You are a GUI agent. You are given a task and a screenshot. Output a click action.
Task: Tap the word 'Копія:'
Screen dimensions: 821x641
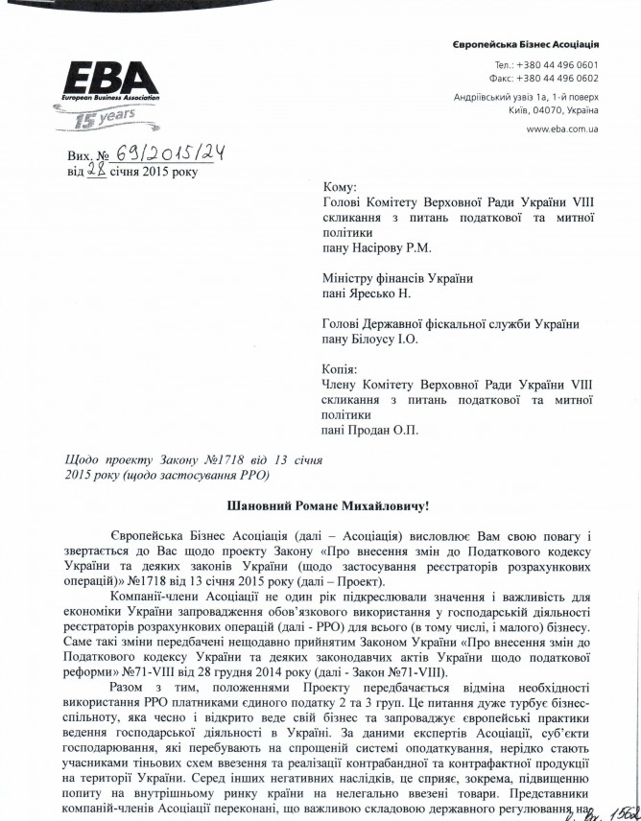(343, 368)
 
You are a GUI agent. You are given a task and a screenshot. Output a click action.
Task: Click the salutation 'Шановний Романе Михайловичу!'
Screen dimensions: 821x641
(319, 504)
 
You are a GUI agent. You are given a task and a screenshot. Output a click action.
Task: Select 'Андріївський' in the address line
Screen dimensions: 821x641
(483, 98)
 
